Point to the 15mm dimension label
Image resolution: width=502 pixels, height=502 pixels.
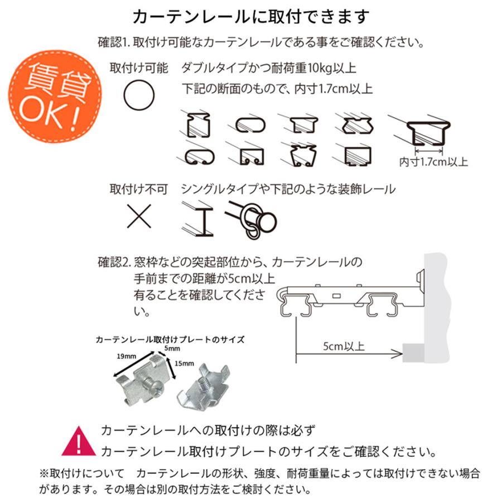point(185,363)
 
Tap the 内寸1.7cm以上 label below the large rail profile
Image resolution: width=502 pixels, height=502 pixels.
point(434,162)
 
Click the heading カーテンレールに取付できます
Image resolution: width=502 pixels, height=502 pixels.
point(251,17)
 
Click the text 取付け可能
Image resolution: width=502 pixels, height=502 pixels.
point(139,68)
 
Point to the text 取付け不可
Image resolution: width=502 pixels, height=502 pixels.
point(139,189)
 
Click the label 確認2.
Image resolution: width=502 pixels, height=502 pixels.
point(114,262)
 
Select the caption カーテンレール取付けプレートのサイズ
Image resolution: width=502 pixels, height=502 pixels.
point(170,339)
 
